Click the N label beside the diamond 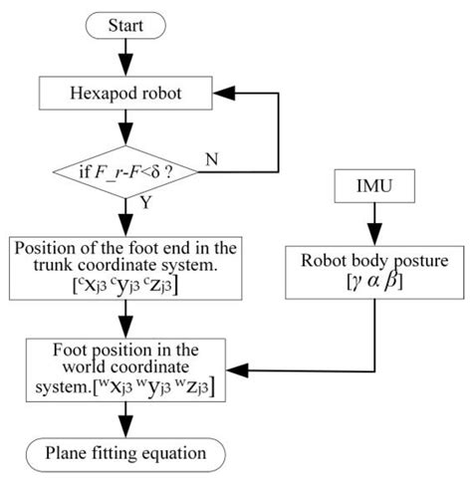(213, 158)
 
